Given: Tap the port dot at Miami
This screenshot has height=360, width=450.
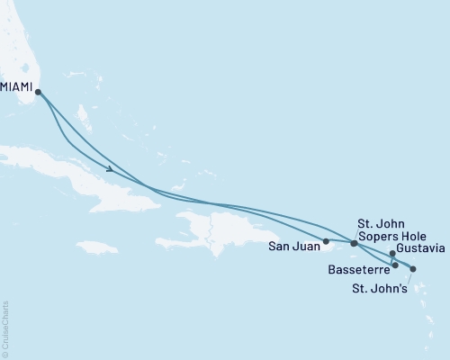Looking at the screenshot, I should (38, 92).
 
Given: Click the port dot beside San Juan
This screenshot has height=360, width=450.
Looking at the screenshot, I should (326, 241).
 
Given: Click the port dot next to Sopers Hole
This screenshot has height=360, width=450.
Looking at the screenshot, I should (354, 243).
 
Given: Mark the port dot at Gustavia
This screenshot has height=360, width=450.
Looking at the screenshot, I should (392, 254).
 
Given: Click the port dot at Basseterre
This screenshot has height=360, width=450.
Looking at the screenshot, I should (395, 265).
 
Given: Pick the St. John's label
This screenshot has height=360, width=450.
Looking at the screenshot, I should (383, 288).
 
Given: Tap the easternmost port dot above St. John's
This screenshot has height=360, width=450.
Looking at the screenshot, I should (413, 268).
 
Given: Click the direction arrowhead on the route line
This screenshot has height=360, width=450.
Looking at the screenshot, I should (110, 168).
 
